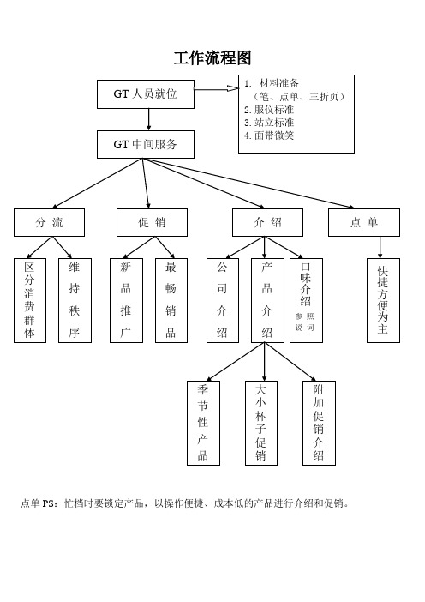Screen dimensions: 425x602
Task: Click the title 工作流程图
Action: (212, 58)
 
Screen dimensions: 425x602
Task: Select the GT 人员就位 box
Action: (146, 94)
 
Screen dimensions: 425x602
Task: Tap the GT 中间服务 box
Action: (146, 144)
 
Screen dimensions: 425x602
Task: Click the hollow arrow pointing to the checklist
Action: (216, 88)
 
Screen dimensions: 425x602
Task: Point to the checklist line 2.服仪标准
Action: (269, 110)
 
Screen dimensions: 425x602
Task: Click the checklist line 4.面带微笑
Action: (269, 135)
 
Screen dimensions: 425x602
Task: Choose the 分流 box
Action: (49, 222)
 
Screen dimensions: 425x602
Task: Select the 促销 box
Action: (152, 222)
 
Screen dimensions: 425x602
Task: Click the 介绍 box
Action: (267, 222)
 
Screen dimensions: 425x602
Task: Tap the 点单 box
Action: (364, 222)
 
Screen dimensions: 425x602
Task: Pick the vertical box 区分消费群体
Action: (30, 300)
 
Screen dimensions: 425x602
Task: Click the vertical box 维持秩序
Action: (75, 300)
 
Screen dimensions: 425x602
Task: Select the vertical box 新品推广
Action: (126, 300)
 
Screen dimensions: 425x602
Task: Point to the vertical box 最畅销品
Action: (171, 300)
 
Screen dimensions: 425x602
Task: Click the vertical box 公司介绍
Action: (223, 300)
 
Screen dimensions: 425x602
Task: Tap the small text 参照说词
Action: (305, 322)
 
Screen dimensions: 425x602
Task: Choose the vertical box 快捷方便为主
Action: (383, 300)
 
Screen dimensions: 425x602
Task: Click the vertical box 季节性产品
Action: (203, 423)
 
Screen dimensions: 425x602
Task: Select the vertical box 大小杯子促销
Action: (261, 423)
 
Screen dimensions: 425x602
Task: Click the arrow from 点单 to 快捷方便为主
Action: (380, 247)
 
